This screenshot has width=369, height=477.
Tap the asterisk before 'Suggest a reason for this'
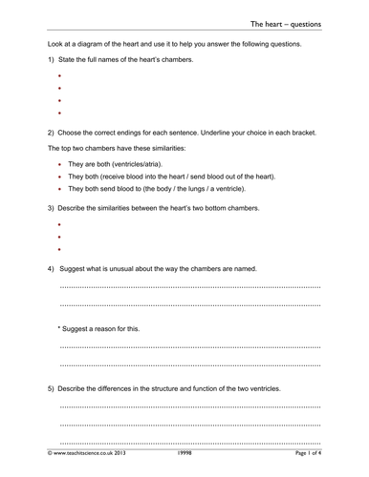pyautogui.click(x=60, y=328)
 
